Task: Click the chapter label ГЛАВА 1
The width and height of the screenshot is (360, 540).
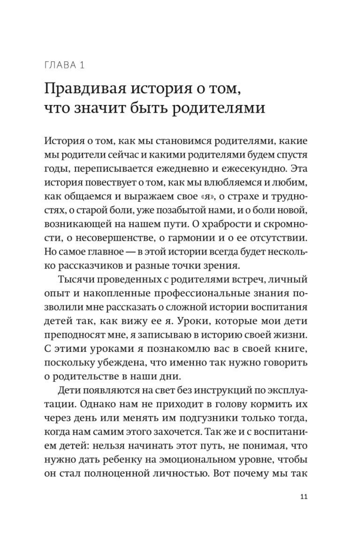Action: point(64,65)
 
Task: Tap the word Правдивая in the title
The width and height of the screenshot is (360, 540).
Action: point(84,89)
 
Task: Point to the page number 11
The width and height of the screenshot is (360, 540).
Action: point(304,496)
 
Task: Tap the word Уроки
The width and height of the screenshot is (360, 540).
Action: point(191,321)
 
